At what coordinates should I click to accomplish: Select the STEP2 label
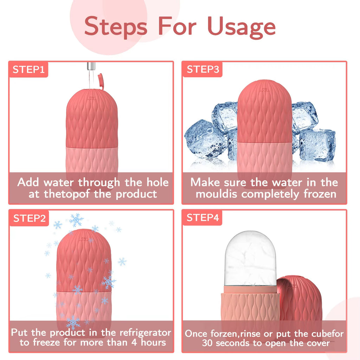(30, 218)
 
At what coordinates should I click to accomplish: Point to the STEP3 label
(202, 69)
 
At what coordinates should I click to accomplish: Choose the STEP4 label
(202, 218)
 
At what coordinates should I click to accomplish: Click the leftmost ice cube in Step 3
(204, 139)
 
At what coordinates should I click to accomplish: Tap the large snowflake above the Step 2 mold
(76, 220)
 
